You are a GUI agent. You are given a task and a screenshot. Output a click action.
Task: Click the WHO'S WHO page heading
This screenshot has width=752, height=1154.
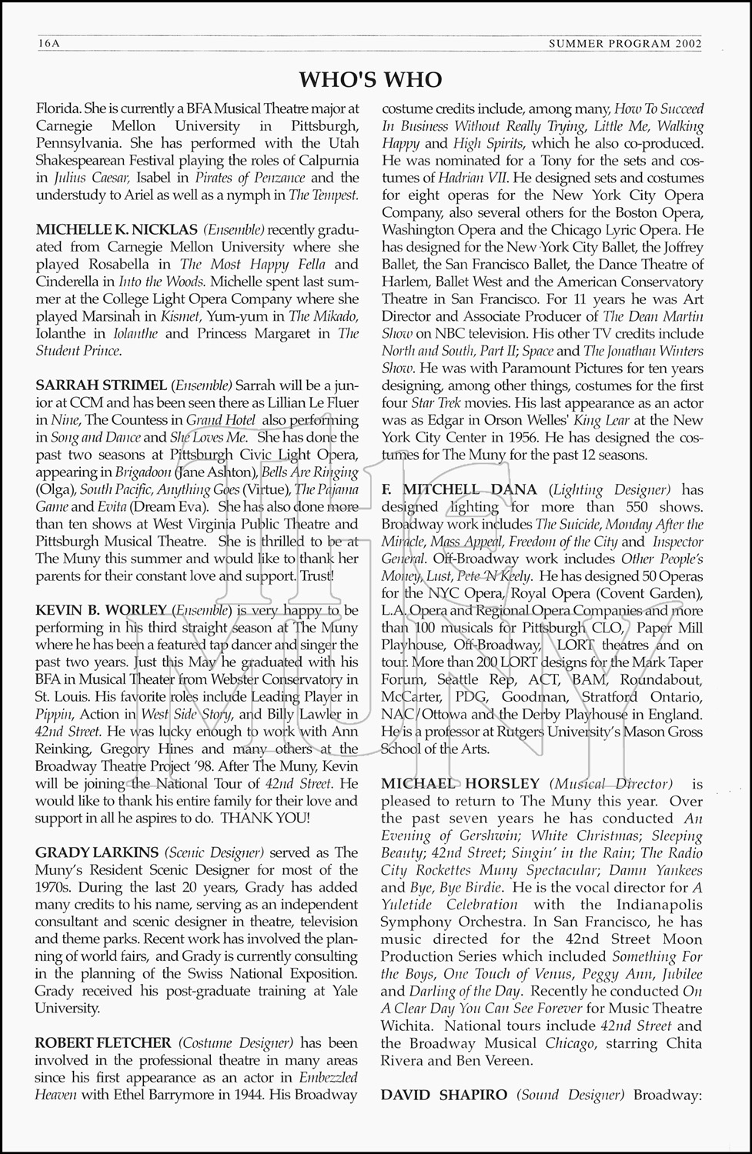pos(370,79)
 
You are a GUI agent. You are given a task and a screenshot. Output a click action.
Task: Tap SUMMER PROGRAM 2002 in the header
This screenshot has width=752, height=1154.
pos(625,44)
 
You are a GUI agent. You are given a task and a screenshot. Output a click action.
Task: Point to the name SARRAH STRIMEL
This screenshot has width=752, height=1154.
pos(101,385)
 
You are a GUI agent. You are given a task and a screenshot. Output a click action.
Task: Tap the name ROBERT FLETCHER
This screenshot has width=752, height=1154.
pos(103,1042)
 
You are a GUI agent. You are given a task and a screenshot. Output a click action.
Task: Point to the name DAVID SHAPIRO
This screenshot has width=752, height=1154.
pos(444,1095)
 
